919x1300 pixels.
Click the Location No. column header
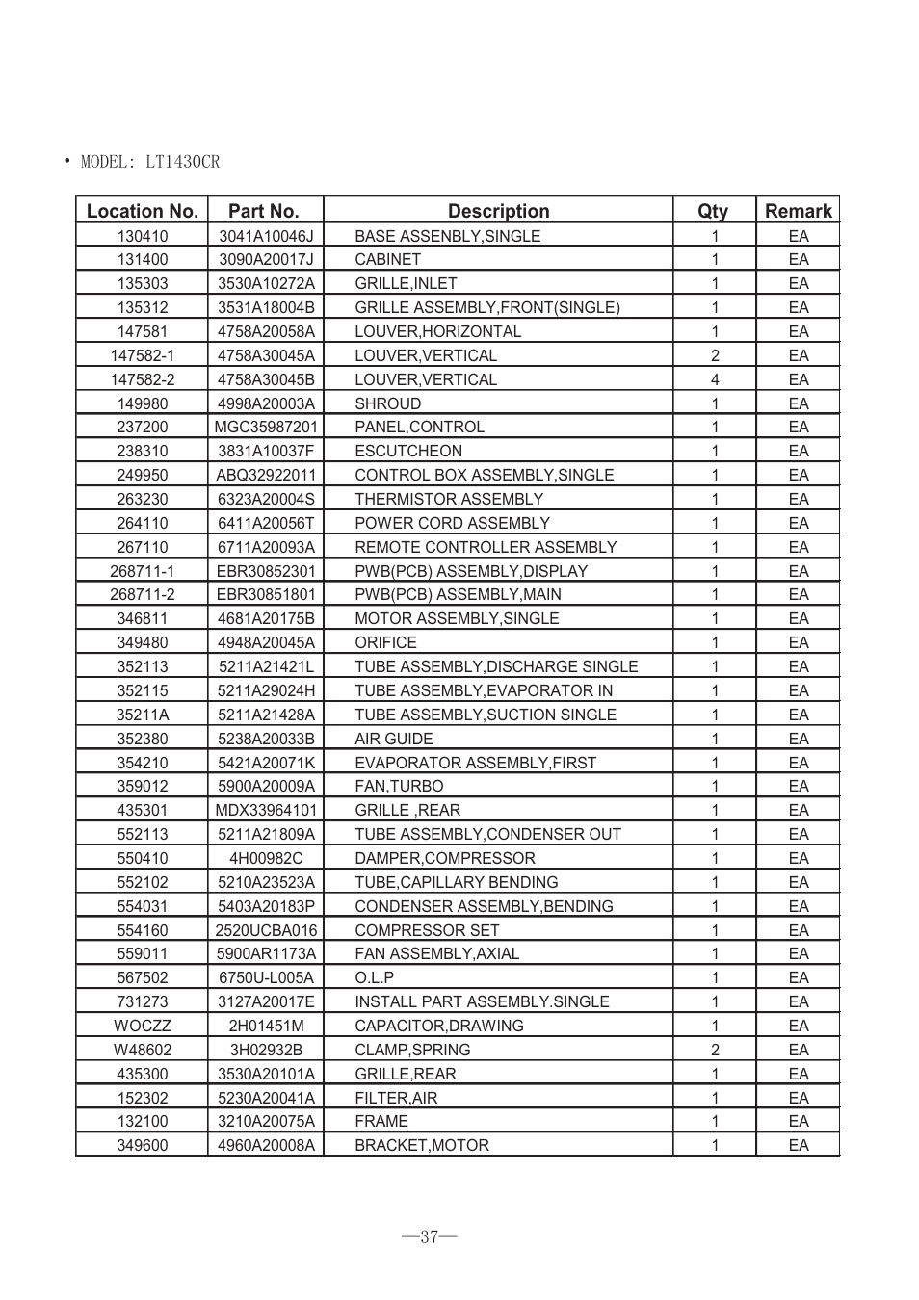(x=142, y=211)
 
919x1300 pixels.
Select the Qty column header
(x=713, y=211)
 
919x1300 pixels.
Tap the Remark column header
(x=798, y=211)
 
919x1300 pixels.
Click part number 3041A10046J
(x=266, y=236)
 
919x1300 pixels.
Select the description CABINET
(x=387, y=259)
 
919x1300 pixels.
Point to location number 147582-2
(x=143, y=379)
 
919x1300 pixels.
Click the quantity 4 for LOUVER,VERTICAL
(x=715, y=379)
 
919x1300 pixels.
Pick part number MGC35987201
(x=266, y=427)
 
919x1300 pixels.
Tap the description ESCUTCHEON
(x=408, y=451)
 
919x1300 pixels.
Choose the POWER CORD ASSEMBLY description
(x=452, y=523)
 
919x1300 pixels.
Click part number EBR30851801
(x=266, y=594)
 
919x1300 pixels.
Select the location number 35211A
(x=143, y=715)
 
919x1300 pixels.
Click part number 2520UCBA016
(x=266, y=930)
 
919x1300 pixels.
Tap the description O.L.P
(x=374, y=977)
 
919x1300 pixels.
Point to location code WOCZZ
(x=143, y=1026)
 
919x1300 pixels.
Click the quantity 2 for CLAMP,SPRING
(x=715, y=1050)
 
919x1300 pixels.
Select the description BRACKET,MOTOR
(x=422, y=1145)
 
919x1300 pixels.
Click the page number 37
(x=430, y=1237)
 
